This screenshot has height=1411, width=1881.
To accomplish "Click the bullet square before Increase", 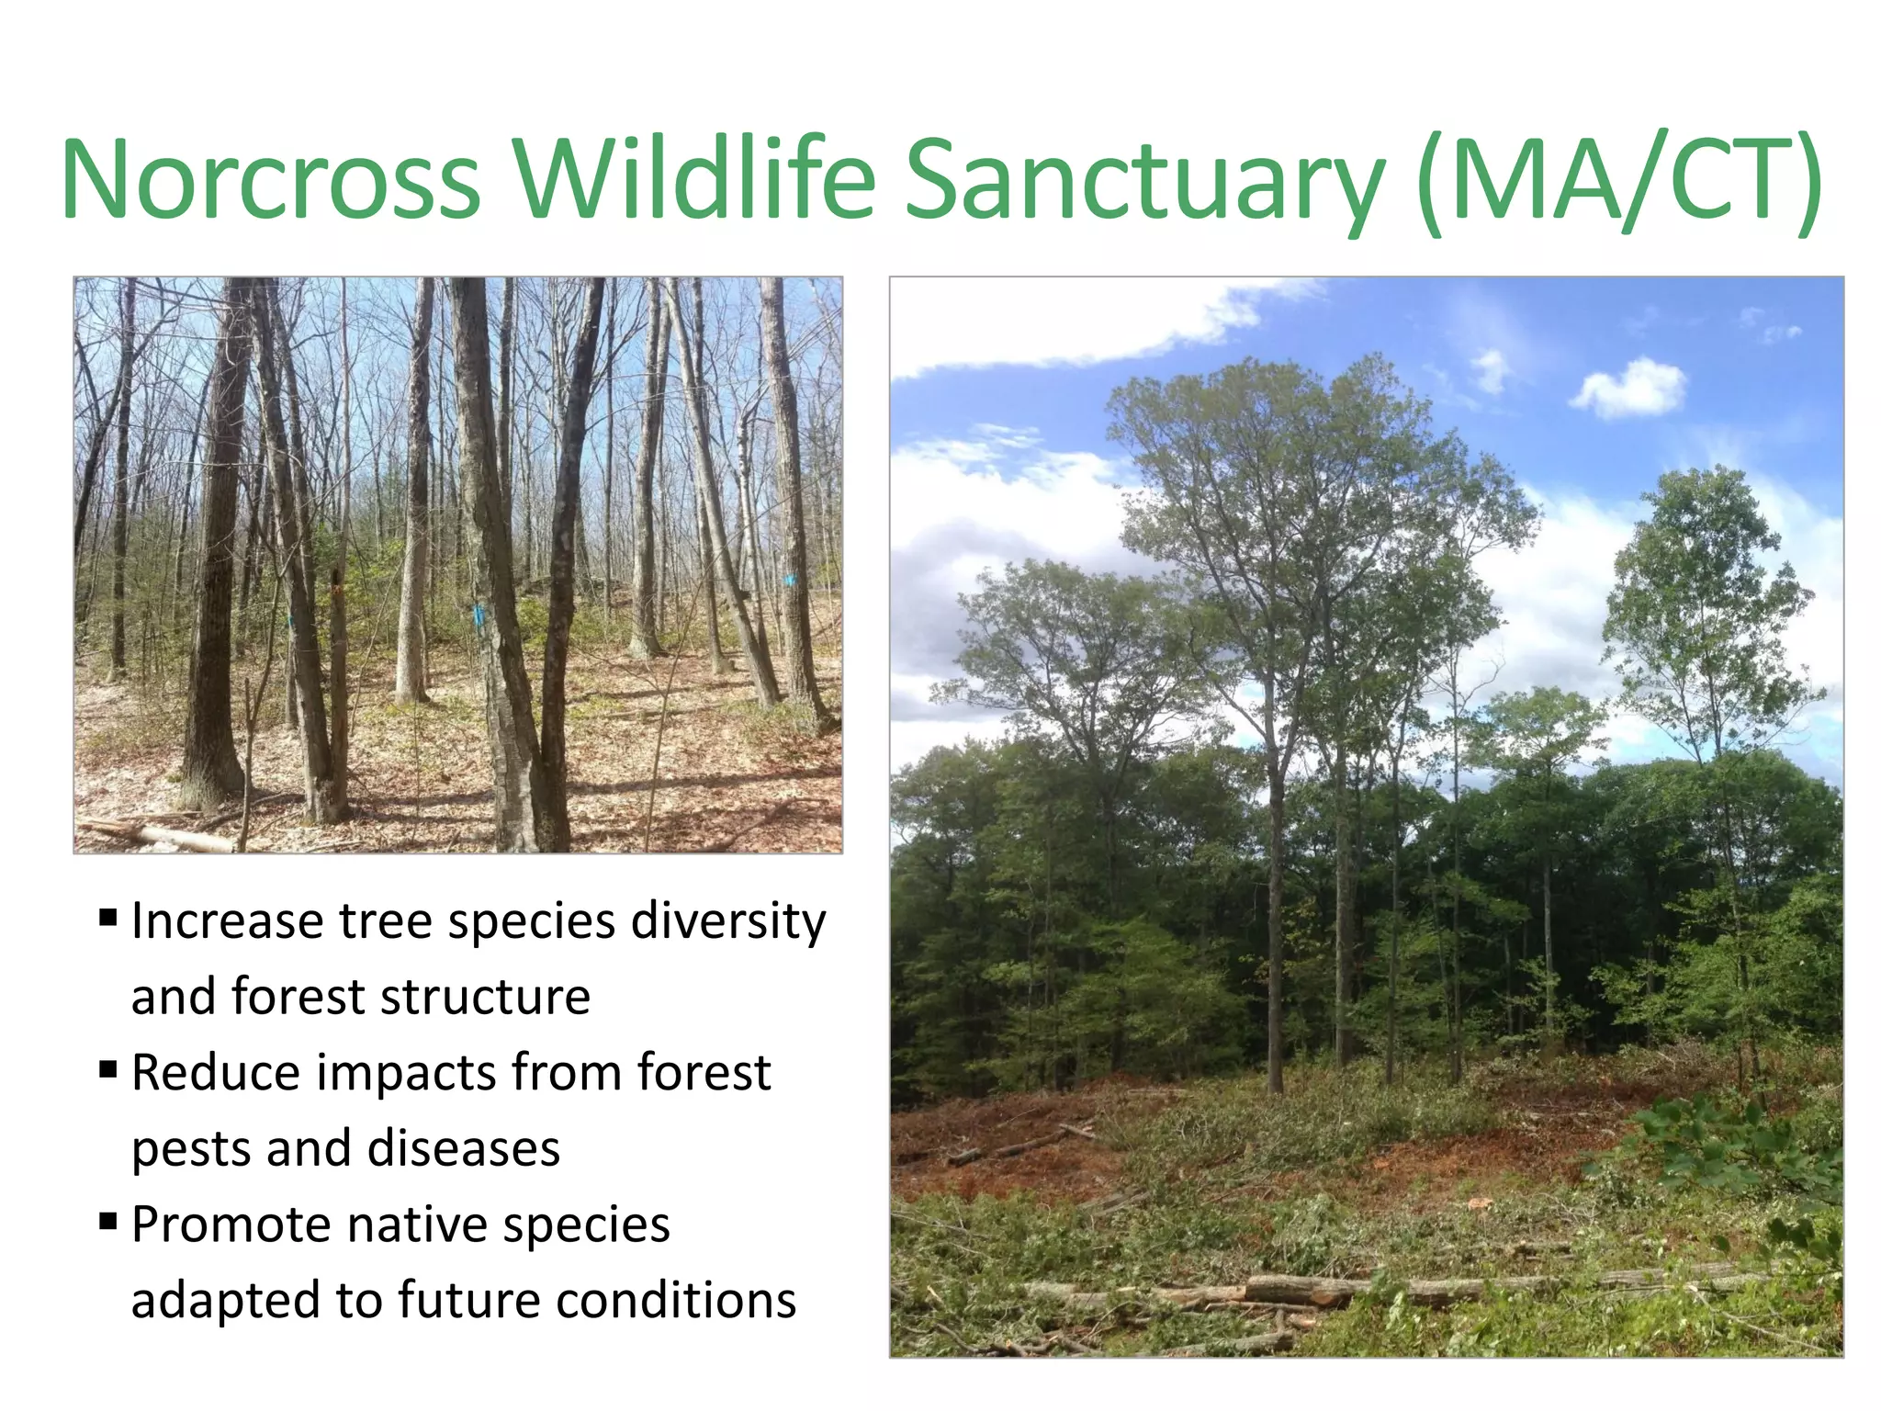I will (x=108, y=917).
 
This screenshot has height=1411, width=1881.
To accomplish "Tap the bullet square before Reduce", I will (x=108, y=1068).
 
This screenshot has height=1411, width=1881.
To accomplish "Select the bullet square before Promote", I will (x=108, y=1221).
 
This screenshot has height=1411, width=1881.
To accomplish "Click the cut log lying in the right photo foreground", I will (x=1304, y=1289).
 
